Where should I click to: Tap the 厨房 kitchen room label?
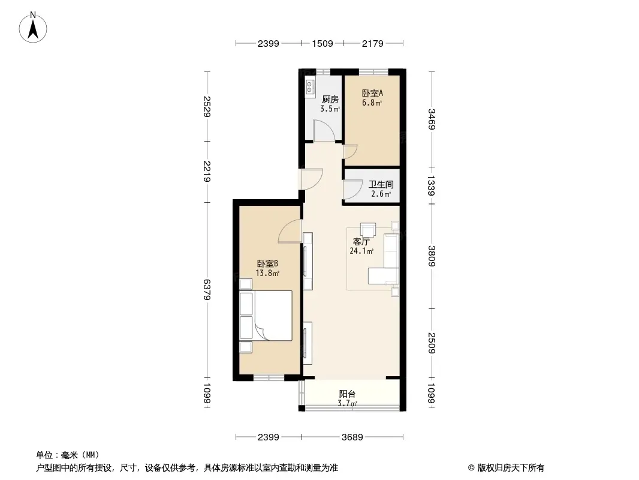coord(330,100)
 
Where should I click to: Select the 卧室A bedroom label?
coord(372,94)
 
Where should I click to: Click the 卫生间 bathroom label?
coord(381,185)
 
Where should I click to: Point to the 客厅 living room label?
coord(361,241)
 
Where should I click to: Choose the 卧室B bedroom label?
coord(267,264)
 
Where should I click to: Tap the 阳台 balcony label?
coord(347,394)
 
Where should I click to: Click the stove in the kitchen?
coord(310,87)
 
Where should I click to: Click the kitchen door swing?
coord(324,130)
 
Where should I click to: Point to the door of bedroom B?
coord(290,231)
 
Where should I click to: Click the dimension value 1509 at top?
coord(322,43)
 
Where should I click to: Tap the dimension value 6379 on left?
coord(207,290)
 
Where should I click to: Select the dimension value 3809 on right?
coord(432,256)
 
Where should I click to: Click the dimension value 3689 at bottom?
coord(352,437)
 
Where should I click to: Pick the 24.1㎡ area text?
coord(361,251)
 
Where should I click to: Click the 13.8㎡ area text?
coord(267,273)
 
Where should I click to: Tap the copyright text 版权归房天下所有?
coord(511,468)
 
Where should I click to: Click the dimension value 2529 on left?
coord(207,106)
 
